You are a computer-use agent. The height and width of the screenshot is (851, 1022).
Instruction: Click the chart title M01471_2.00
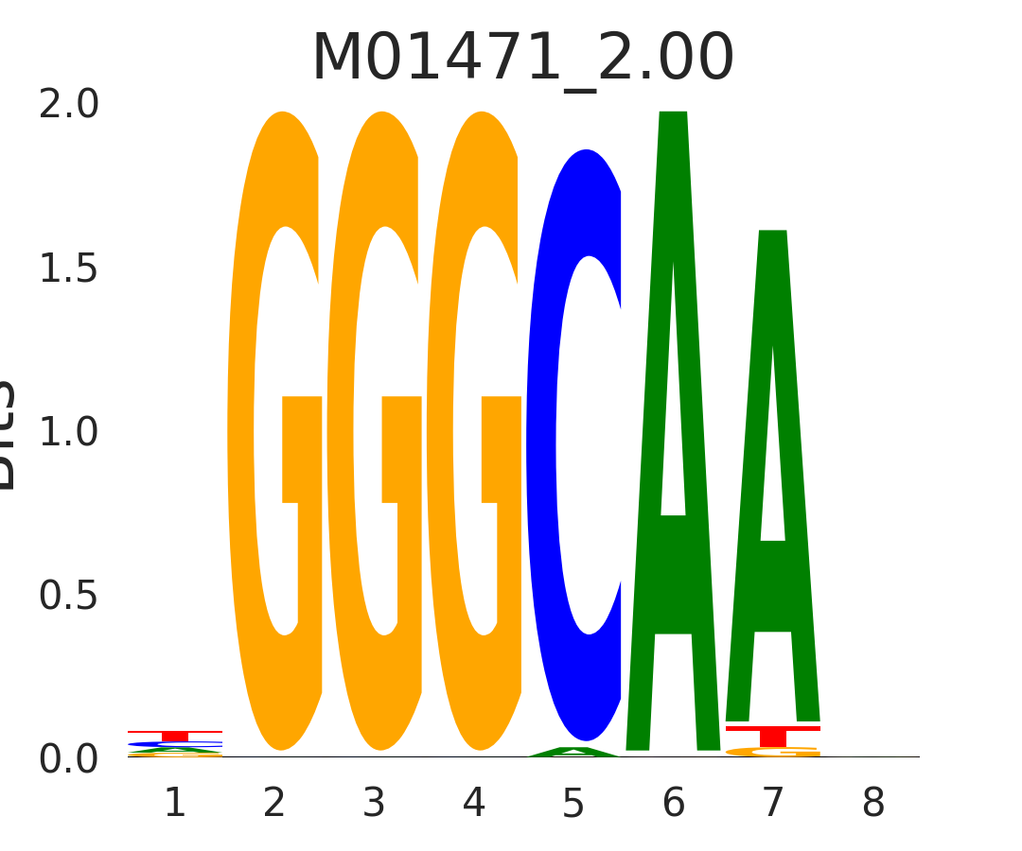pos(522,59)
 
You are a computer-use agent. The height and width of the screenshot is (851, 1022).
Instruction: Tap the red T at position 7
pos(772,735)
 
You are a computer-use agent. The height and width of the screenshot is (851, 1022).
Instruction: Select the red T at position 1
pos(175,735)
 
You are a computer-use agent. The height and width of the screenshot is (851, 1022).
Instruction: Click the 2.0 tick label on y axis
pos(68,106)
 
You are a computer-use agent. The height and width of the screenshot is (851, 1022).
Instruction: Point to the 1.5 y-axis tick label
pos(68,269)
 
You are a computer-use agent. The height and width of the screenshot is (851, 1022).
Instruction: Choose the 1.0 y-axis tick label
pos(68,433)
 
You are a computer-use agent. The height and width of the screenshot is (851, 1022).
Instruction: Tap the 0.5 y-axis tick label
pos(68,597)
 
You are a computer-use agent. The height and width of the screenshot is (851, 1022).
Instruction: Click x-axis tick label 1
pos(175,804)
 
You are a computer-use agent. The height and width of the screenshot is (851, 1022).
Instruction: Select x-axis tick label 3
pos(374,804)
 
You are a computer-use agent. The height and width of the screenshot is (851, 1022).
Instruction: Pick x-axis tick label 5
pos(573,804)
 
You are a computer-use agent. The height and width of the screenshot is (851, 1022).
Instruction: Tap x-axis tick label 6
pos(673,804)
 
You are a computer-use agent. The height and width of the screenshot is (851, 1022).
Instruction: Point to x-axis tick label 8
pos(872,804)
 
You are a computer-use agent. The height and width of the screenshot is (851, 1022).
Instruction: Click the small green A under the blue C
pos(573,753)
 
